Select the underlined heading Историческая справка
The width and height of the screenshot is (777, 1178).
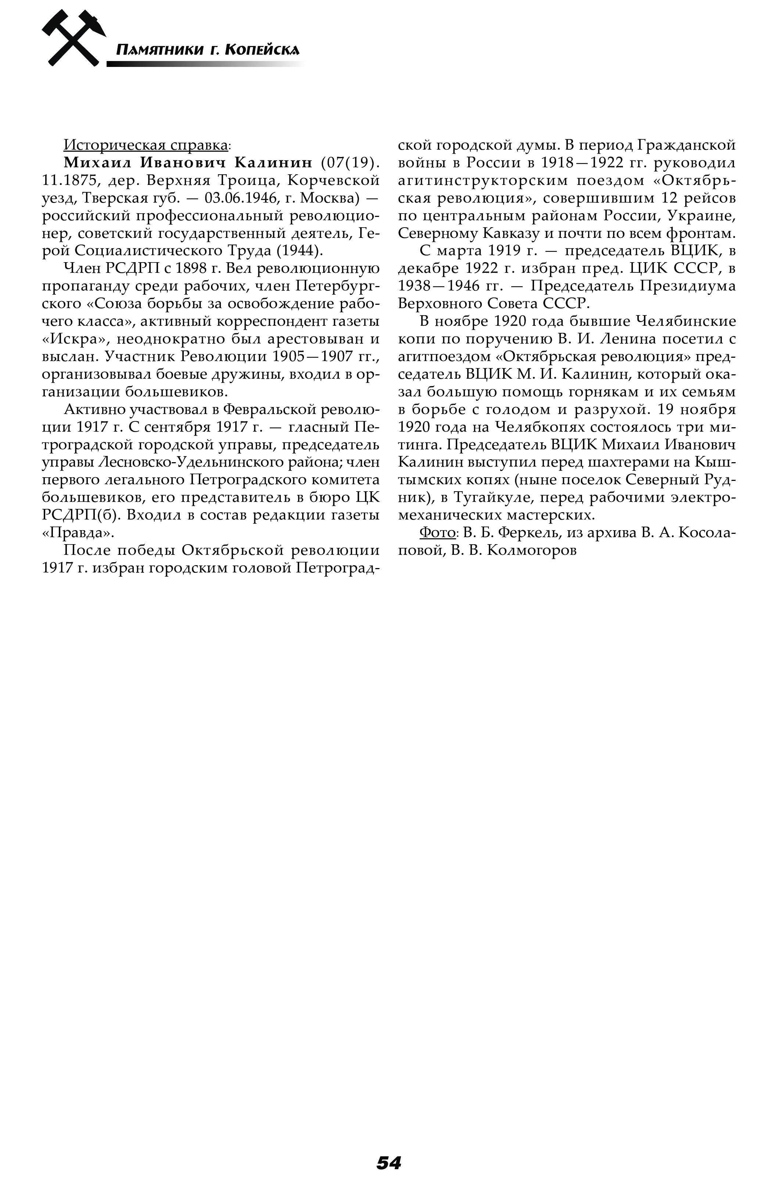(146, 145)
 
